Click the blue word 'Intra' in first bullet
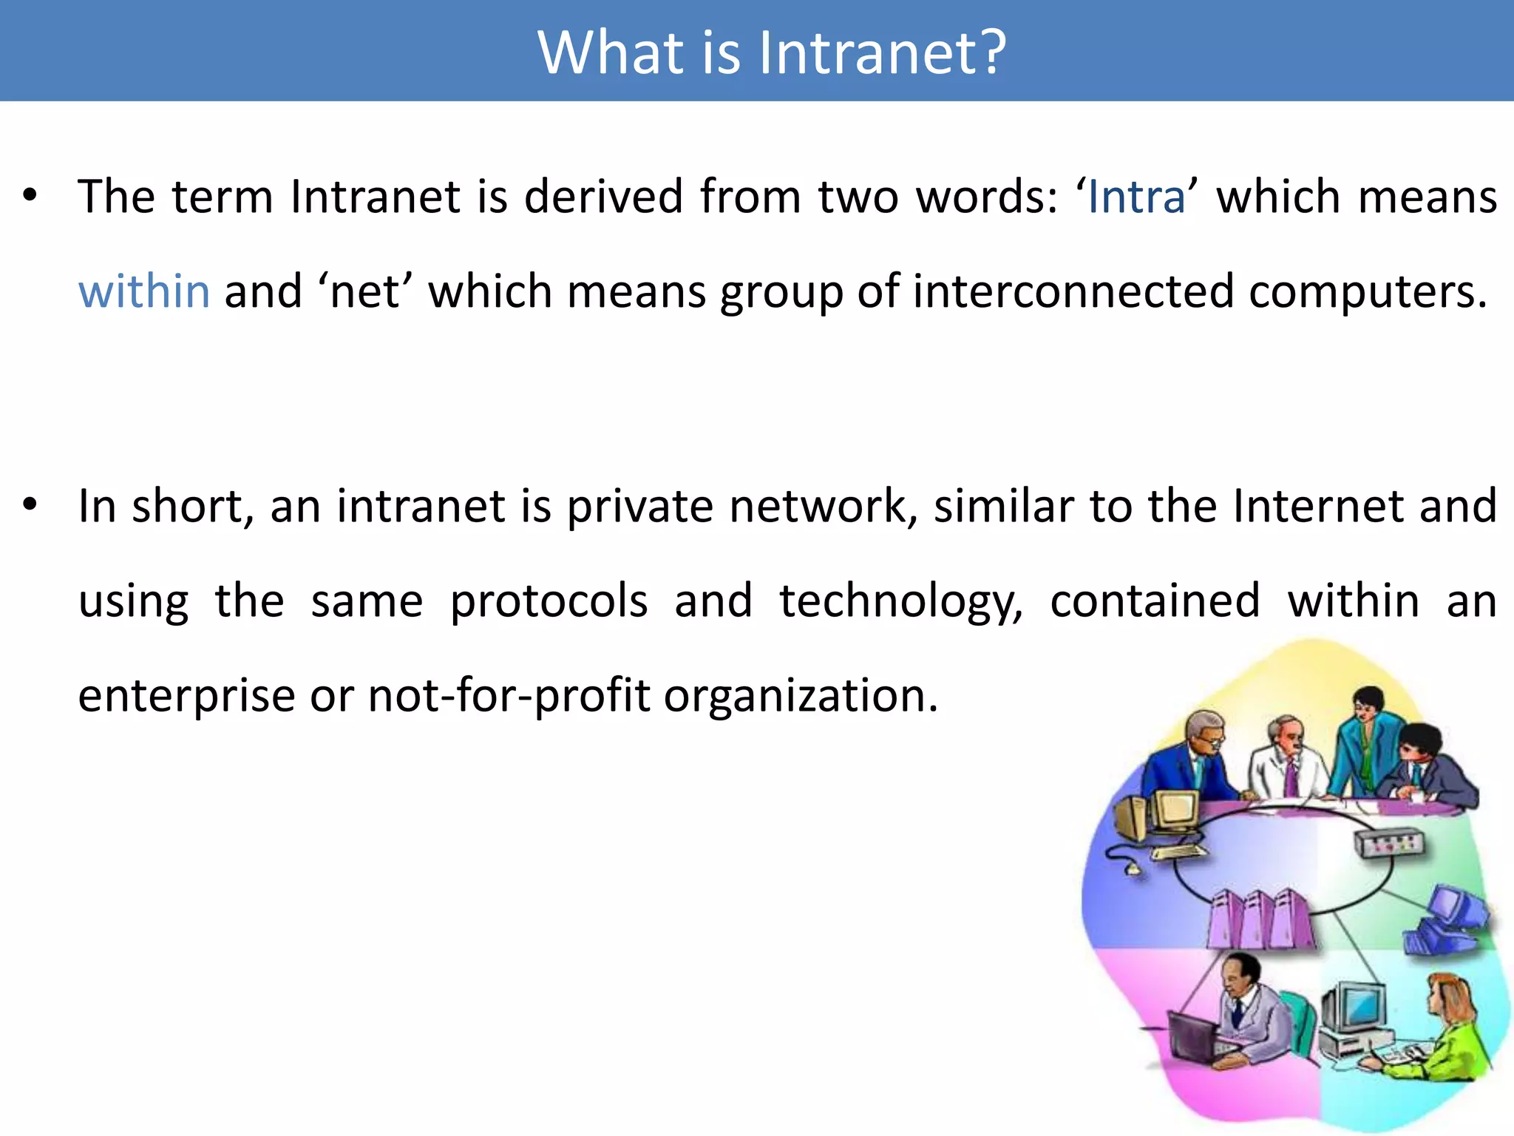point(1136,197)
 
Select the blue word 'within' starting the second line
point(144,291)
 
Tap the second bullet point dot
point(30,505)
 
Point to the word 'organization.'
point(801,697)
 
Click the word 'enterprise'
point(186,697)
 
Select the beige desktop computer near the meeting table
point(1168,817)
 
